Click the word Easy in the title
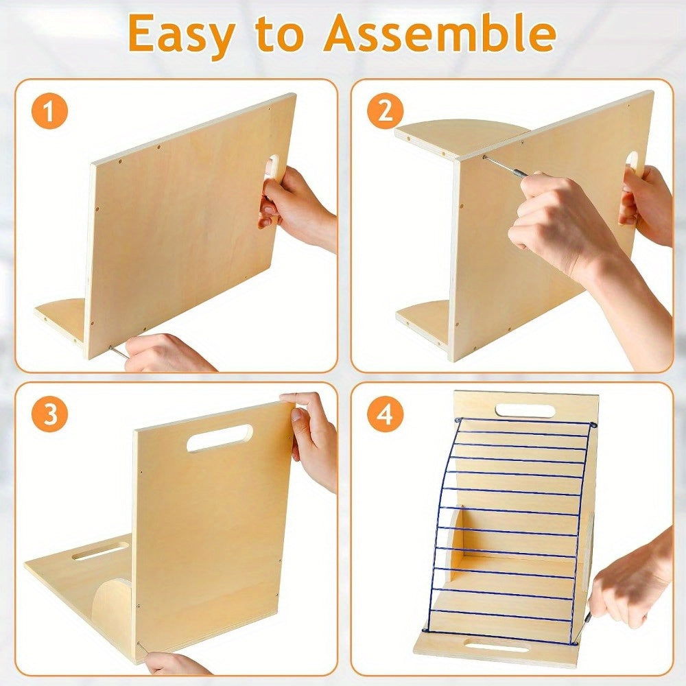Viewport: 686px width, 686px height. click(180, 35)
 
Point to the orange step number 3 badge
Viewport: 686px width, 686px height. click(49, 414)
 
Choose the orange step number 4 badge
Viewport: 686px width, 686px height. click(385, 414)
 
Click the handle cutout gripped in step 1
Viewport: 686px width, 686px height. click(274, 167)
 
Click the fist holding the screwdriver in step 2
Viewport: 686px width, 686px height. click(556, 223)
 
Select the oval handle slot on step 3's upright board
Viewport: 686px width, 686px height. click(220, 438)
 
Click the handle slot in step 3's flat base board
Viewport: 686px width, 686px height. click(101, 552)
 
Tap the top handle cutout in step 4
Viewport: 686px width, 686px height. click(525, 411)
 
